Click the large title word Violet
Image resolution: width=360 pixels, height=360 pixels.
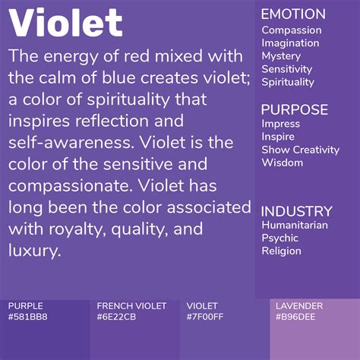[x=66, y=24]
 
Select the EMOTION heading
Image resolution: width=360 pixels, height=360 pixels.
[x=293, y=14]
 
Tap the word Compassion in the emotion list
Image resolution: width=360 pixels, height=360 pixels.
[x=292, y=30]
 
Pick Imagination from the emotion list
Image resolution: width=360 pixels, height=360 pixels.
[x=290, y=43]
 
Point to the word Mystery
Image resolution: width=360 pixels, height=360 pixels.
[x=281, y=56]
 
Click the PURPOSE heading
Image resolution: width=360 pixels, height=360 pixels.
[x=295, y=109]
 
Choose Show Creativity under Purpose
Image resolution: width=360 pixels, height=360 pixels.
[x=300, y=150]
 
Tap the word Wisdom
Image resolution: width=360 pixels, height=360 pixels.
[x=283, y=163]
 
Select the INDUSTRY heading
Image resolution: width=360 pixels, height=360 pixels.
[x=297, y=211]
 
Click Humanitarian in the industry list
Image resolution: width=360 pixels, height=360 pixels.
[x=295, y=226]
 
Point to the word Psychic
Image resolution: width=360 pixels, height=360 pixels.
[x=280, y=238]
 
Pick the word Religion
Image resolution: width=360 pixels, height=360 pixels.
[x=281, y=251]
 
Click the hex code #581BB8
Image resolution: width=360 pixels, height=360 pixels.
[x=27, y=317]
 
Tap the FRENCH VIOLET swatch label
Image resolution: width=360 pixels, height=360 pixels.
[x=126, y=306]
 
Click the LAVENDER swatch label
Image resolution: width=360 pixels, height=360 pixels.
[x=299, y=306]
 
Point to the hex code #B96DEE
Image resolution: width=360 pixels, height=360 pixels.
[x=296, y=317]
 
